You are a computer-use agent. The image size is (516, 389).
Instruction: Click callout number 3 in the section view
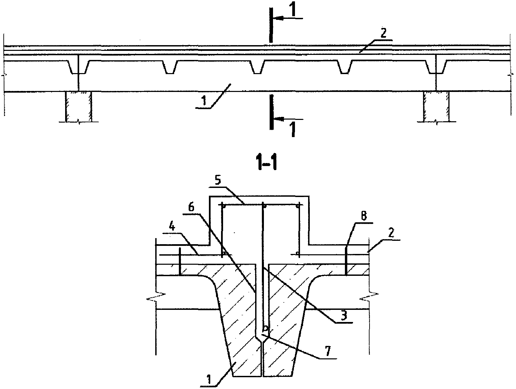pos(344,316)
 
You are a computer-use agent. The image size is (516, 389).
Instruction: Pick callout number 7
pos(327,351)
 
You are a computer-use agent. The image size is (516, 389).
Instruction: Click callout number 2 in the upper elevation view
pos(383,33)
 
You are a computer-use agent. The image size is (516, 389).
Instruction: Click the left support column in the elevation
pos(79,107)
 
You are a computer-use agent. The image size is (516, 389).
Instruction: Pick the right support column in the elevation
pos(436,107)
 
